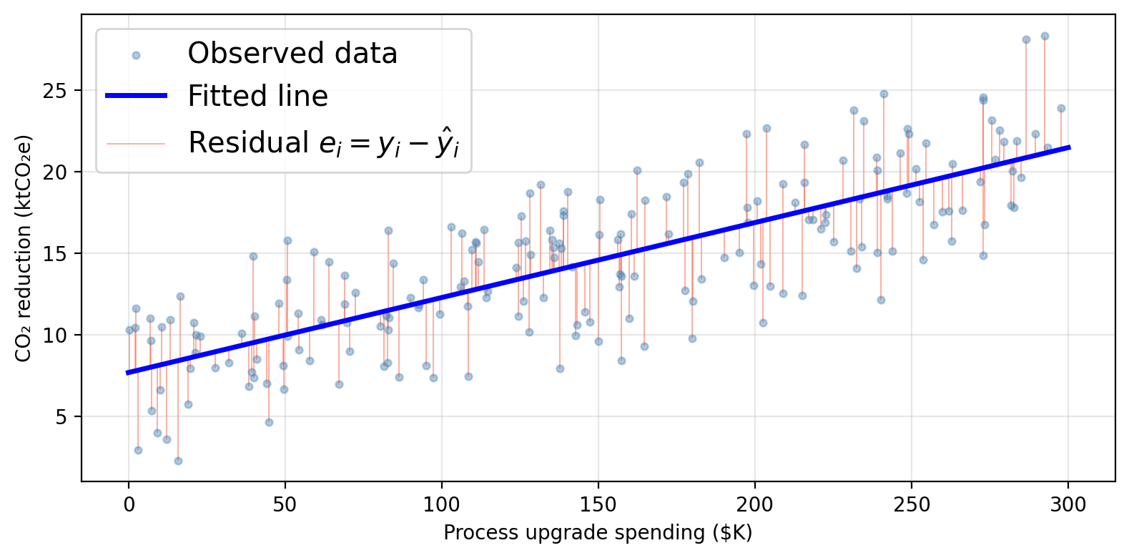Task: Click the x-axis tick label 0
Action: pos(129,505)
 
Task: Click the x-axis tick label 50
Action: pos(285,505)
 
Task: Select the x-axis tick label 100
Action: pos(442,505)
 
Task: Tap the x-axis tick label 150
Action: pos(598,505)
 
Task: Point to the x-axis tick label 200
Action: pos(755,505)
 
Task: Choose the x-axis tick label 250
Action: pos(912,505)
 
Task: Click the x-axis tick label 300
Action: pos(1068,505)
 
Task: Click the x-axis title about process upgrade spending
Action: pos(598,533)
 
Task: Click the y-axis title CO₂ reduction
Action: pos(24,248)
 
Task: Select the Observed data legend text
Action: pos(292,54)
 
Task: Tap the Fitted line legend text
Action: pos(257,96)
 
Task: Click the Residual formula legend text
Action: pos(323,143)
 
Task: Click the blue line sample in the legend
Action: pos(136,96)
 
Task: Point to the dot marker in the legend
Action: pos(136,55)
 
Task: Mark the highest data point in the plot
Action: pos(1045,36)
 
